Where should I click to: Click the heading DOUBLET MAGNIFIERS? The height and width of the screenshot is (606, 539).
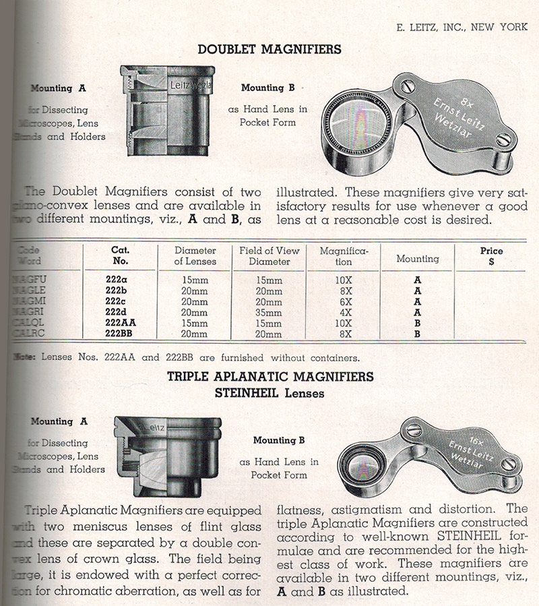pos(269,49)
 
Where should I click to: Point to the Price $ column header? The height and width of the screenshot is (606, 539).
pos(491,255)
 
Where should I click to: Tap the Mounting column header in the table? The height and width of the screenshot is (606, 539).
pos(417,259)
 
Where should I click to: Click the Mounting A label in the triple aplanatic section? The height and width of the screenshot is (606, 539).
pos(59,421)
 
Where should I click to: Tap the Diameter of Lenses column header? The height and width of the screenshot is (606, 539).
pos(195,255)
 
